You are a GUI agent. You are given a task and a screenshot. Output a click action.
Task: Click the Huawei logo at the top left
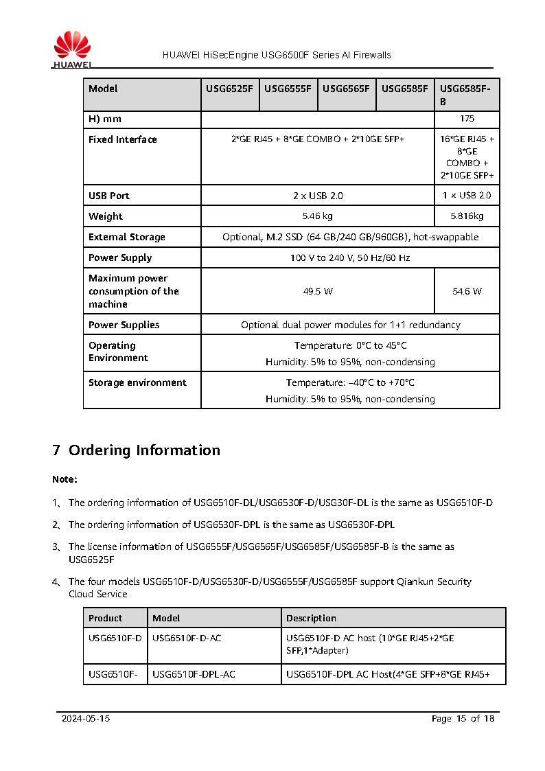pos(71,49)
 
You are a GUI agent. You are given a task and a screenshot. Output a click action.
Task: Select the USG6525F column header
pos(229,89)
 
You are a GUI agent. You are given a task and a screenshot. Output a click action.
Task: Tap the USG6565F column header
pos(346,89)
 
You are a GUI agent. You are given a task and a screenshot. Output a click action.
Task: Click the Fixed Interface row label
pos(123,139)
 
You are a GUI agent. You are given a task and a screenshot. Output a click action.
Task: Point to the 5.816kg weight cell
pos(467,216)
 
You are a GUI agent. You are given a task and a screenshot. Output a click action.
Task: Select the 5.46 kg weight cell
pos(317,216)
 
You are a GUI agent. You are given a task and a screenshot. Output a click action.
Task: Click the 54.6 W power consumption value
pos(467,291)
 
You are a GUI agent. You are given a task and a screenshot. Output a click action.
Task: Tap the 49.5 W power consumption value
pos(317,291)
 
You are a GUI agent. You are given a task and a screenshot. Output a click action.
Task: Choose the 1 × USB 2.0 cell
pos(467,196)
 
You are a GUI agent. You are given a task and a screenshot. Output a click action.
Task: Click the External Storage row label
pos(127,237)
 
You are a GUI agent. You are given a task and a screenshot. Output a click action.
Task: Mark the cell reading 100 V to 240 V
pos(350,257)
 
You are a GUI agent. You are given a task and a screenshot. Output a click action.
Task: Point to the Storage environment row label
pos(137,382)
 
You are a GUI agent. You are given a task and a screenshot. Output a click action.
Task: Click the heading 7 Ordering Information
pos(137,450)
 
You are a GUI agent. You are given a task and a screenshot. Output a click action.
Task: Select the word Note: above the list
pos(65,479)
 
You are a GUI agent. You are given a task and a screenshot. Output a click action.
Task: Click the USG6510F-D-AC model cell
pos(187,638)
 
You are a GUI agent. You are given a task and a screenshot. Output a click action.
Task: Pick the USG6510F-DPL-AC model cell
pos(194,674)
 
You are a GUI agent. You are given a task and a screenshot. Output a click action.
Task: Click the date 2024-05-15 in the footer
pos(86,719)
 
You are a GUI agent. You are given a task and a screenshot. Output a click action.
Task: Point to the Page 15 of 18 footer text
pos(463,719)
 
